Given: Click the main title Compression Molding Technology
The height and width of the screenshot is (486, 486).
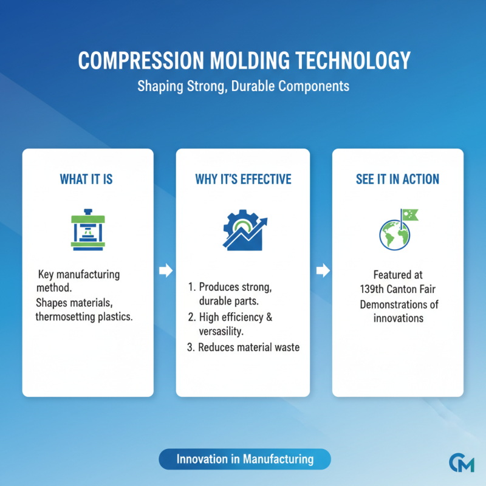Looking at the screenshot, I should (x=243, y=61).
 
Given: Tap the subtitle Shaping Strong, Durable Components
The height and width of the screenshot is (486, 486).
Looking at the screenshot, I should (x=243, y=86).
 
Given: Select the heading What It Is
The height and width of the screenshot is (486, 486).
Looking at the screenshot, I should (x=86, y=179).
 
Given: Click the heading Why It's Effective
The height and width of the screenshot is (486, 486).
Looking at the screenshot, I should (x=243, y=179).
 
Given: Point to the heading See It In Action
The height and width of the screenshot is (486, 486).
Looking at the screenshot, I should (x=397, y=179).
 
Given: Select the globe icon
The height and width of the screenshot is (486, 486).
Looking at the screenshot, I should (x=394, y=234).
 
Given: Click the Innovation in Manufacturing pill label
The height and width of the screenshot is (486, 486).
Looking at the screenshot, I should (x=245, y=459).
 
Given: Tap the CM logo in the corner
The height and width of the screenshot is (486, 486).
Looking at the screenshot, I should (x=462, y=463).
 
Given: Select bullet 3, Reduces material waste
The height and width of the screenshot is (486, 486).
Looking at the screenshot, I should (x=243, y=347).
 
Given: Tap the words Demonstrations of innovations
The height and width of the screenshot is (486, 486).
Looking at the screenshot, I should (x=399, y=310).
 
